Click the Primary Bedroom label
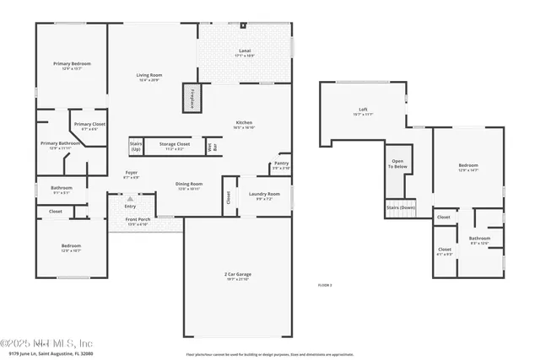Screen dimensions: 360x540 [72, 66]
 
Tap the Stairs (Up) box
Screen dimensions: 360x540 [136, 146]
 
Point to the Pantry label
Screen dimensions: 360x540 [282, 166]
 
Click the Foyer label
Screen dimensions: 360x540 [131, 175]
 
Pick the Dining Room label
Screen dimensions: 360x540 [188, 185]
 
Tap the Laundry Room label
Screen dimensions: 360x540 [264, 196]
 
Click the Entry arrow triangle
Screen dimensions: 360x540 [129, 199]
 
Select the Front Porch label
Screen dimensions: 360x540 [137, 223]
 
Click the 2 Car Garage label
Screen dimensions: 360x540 [237, 277]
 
